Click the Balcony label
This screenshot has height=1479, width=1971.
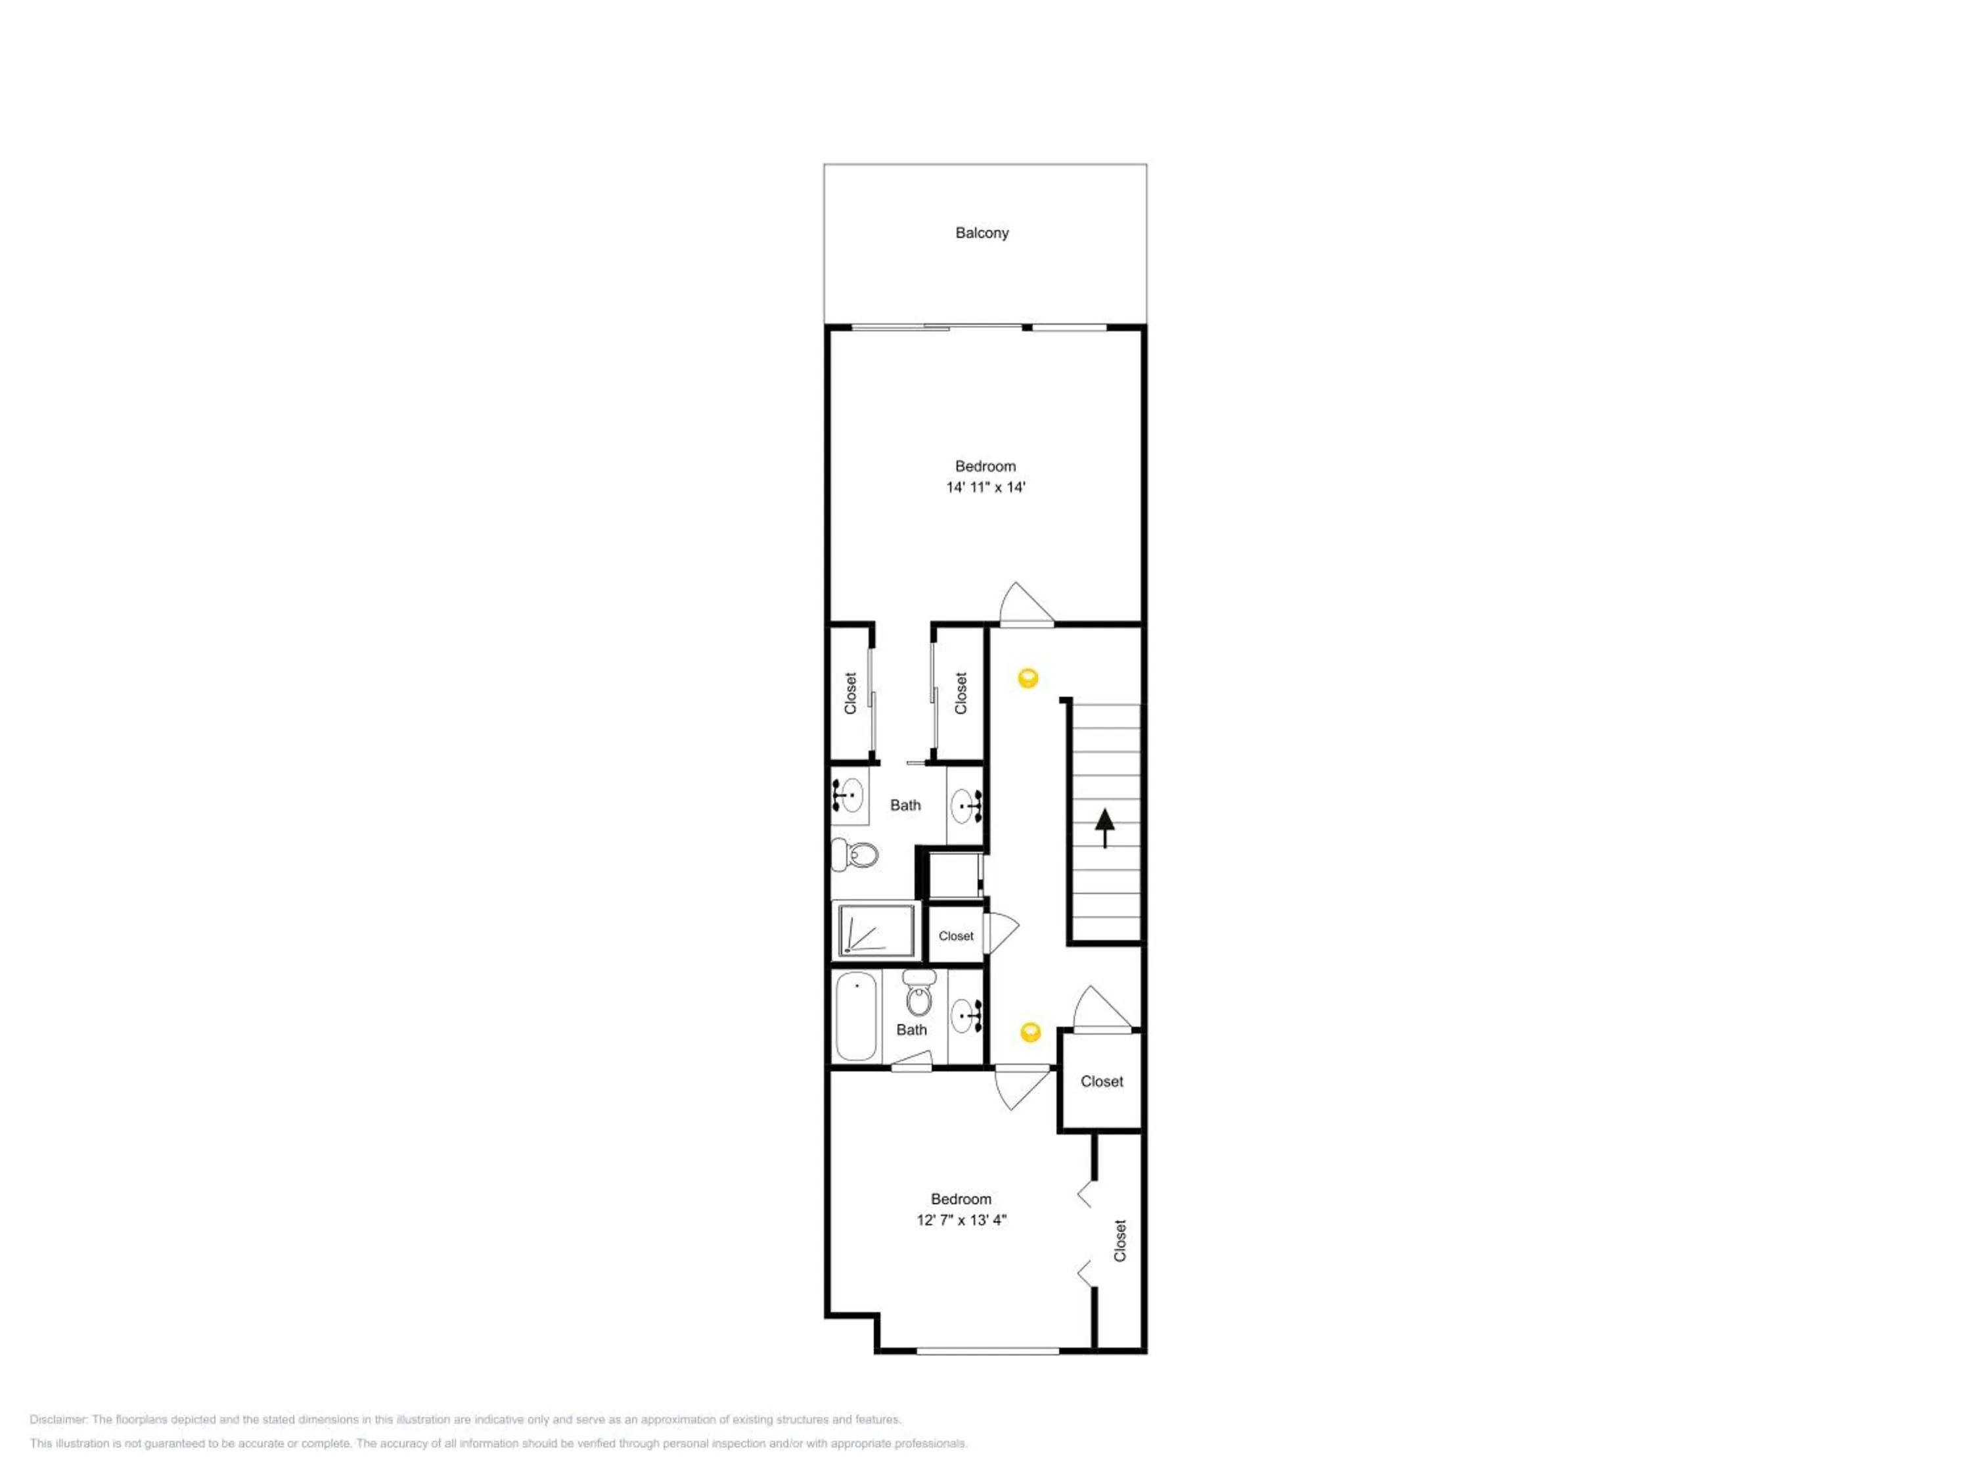pos(982,233)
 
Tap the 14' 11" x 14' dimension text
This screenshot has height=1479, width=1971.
pos(985,487)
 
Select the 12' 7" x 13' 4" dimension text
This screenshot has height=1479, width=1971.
pos(961,1219)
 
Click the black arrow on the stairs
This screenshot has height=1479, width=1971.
pos(1105,828)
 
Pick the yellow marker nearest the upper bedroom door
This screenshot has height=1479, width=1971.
pos(1028,678)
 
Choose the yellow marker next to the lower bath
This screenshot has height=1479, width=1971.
pos(1030,1033)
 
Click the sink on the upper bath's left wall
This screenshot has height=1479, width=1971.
pos(849,793)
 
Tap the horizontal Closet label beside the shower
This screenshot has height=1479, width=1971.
pos(956,936)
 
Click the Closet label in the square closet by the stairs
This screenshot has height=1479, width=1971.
pos(1102,1081)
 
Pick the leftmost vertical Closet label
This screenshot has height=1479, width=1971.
pos(850,693)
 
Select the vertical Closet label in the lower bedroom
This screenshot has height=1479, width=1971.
pos(1120,1240)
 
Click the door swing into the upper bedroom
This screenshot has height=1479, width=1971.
pos(1026,603)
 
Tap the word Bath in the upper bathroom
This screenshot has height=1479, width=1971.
pos(905,805)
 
